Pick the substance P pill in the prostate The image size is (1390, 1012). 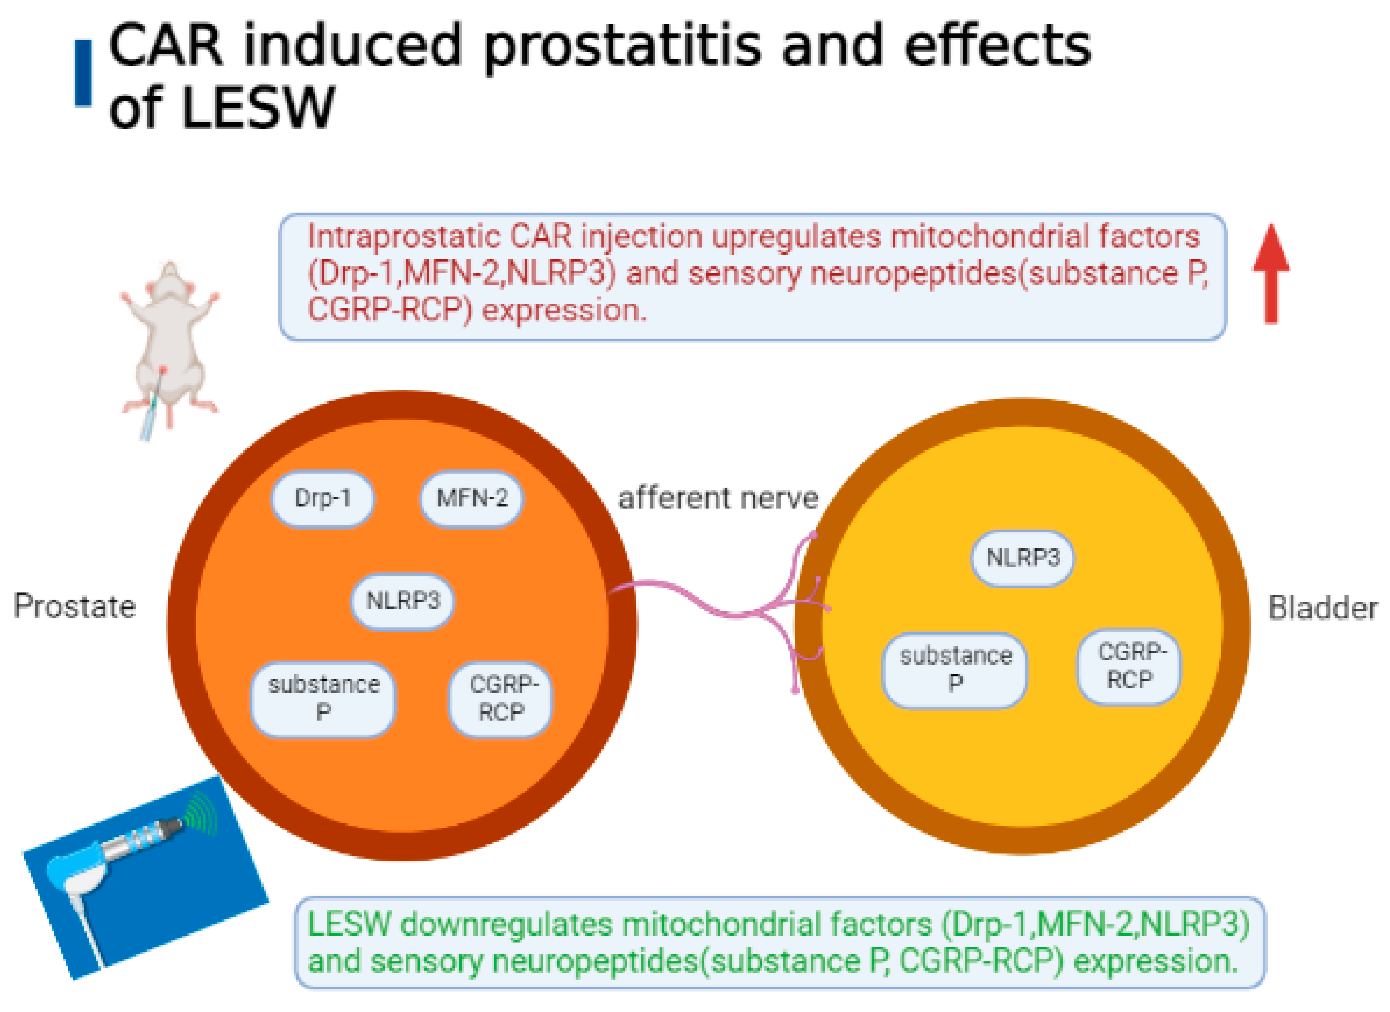click(323, 699)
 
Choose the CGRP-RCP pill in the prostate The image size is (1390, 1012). click(501, 699)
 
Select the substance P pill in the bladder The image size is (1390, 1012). click(955, 670)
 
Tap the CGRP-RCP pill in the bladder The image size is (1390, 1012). click(1129, 666)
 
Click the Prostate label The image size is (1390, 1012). click(75, 607)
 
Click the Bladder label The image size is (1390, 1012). click(1323, 609)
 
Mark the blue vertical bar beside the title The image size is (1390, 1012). click(83, 73)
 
